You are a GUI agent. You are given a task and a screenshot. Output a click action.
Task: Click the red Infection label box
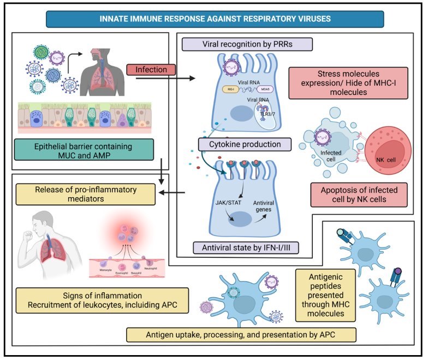151,70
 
